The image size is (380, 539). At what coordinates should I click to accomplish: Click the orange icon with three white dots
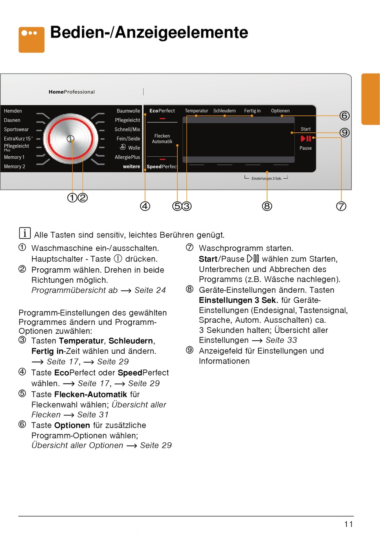point(31,39)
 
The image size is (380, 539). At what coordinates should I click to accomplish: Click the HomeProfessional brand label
point(72,92)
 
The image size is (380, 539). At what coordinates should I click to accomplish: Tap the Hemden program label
point(13,111)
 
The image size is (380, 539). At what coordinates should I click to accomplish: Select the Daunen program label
point(12,120)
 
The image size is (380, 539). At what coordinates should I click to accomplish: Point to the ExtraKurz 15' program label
point(18,139)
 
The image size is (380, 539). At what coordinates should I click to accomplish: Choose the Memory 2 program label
point(14,166)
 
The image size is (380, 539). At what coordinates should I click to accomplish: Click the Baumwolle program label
point(128,111)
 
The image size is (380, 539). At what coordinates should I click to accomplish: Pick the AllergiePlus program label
point(127,157)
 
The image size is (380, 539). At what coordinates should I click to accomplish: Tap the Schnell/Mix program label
point(127,129)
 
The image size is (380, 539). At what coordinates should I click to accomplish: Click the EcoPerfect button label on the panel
point(162,111)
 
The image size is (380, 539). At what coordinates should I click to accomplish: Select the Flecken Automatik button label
point(162,139)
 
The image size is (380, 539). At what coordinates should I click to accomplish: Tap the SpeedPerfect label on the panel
point(162,166)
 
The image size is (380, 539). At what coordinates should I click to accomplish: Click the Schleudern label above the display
point(224,111)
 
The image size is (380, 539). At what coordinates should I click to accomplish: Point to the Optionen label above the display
point(280,111)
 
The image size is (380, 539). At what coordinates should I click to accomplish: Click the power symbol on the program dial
point(70,139)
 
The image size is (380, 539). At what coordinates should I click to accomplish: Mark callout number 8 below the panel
point(267,206)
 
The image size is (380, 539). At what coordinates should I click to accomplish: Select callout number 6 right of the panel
point(344,116)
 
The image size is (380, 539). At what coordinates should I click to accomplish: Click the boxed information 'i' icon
point(24,233)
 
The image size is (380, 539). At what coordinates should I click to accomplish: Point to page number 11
point(348,524)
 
